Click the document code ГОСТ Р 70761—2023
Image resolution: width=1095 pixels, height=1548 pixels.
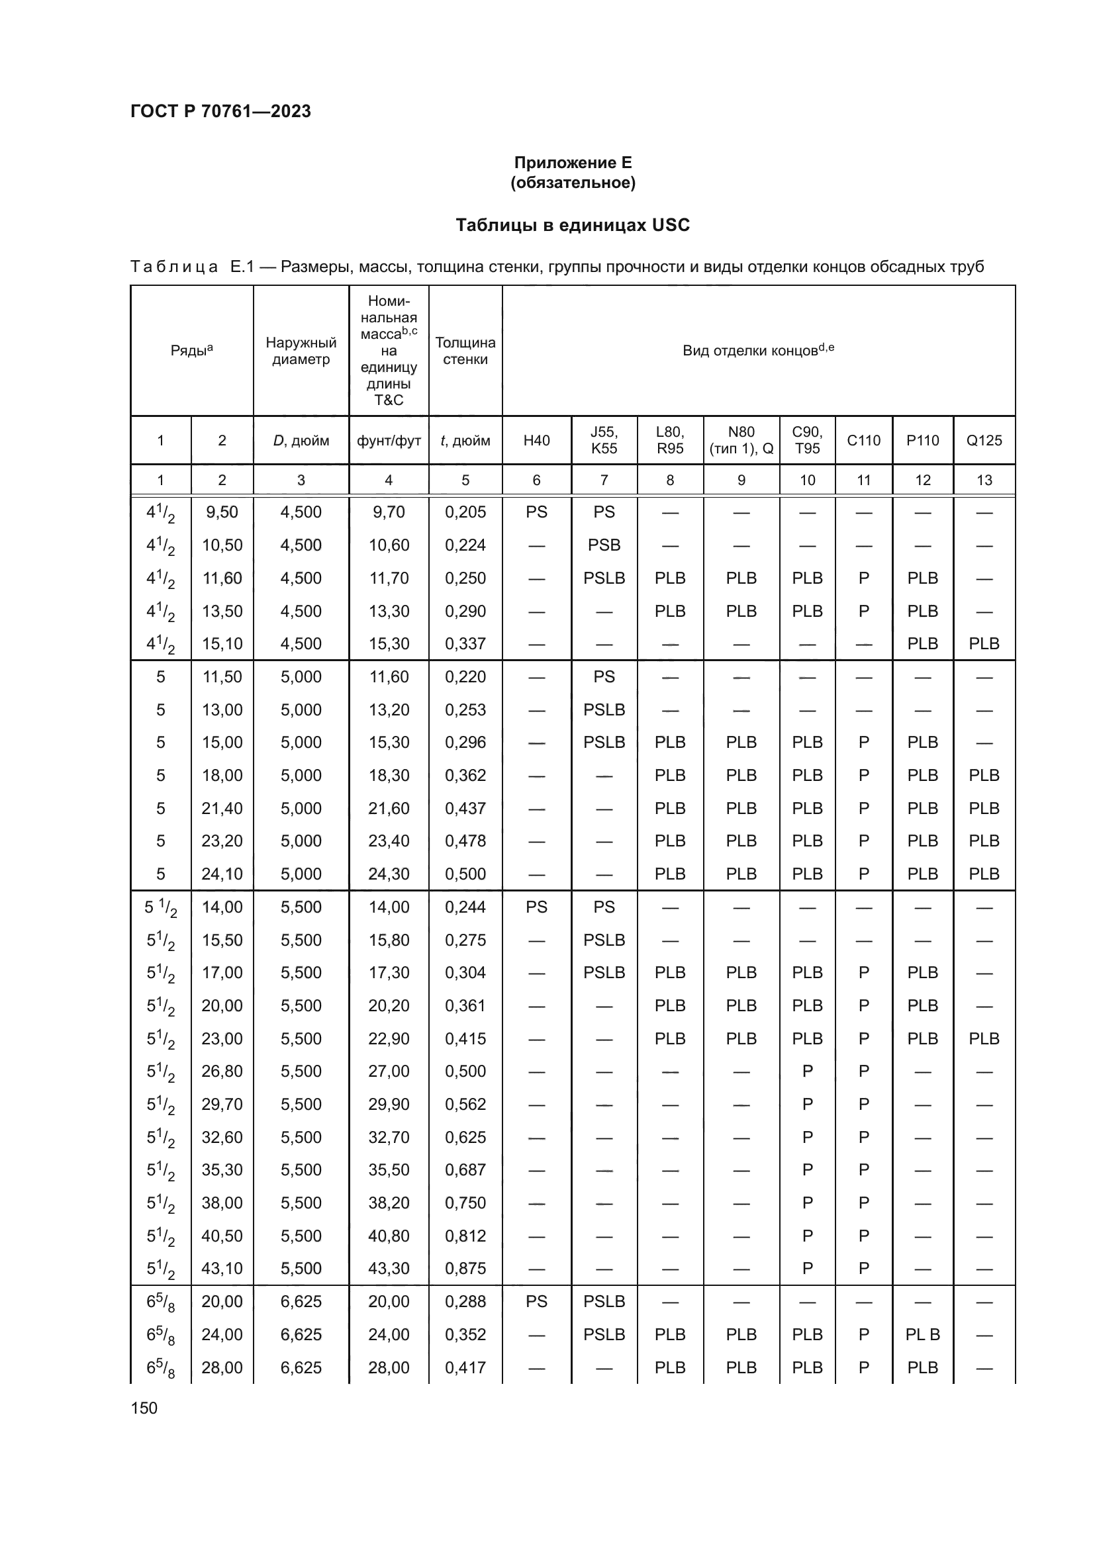pyautogui.click(x=220, y=111)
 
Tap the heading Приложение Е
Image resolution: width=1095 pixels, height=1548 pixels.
pyautogui.click(x=573, y=163)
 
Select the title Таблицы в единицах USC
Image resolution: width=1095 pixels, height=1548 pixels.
pyautogui.click(x=573, y=224)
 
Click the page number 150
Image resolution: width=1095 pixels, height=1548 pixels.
pyautogui.click(x=144, y=1408)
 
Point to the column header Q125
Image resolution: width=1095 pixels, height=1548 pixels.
pyautogui.click(x=984, y=440)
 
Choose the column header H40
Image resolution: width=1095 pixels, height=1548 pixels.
pyautogui.click(x=536, y=440)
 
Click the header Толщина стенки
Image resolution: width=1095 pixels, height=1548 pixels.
pyautogui.click(x=465, y=351)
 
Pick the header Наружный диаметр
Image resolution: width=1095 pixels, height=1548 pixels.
pyautogui.click(x=301, y=351)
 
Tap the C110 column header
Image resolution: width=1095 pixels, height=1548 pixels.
pyautogui.click(x=863, y=440)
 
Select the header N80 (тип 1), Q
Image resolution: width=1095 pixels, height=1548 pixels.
pyautogui.click(x=741, y=440)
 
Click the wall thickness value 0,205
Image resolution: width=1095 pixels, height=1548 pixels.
pyautogui.click(x=465, y=512)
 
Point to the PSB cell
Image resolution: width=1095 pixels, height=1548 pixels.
pyautogui.click(x=604, y=545)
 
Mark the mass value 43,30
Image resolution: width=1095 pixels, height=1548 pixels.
pyautogui.click(x=389, y=1268)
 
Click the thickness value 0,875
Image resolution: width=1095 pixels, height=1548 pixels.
pyautogui.click(x=465, y=1268)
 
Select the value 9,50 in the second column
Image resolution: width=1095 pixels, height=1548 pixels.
pyautogui.click(x=222, y=512)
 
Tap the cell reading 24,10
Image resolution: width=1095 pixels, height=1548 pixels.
pyautogui.click(x=222, y=874)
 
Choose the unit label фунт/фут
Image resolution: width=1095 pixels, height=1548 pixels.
pyautogui.click(x=389, y=441)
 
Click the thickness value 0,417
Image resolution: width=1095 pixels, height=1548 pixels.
pyautogui.click(x=465, y=1367)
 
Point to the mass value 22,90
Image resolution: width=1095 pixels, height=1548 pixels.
pyautogui.click(x=389, y=1038)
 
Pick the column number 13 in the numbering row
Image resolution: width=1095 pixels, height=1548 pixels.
pyautogui.click(x=984, y=480)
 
